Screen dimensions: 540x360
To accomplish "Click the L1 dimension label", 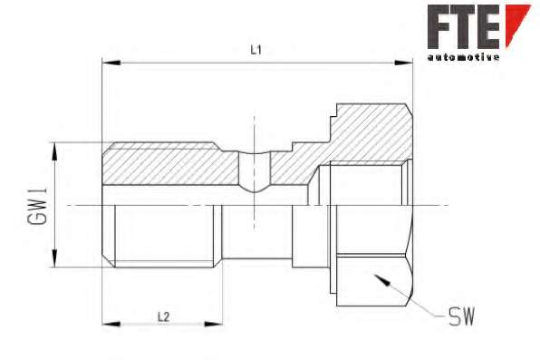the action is (256, 51).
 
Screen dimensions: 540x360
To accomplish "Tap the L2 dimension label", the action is (164, 316).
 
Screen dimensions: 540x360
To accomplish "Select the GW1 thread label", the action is (38, 206).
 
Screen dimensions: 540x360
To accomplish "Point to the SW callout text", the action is (462, 316).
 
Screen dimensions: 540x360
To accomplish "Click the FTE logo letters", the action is (464, 26).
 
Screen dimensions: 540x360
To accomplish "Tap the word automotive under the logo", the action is (464, 57).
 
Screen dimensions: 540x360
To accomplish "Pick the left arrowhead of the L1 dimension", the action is (111, 63).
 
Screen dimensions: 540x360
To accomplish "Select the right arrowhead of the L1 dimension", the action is (403, 63).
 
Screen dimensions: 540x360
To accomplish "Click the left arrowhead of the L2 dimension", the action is (111, 324).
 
